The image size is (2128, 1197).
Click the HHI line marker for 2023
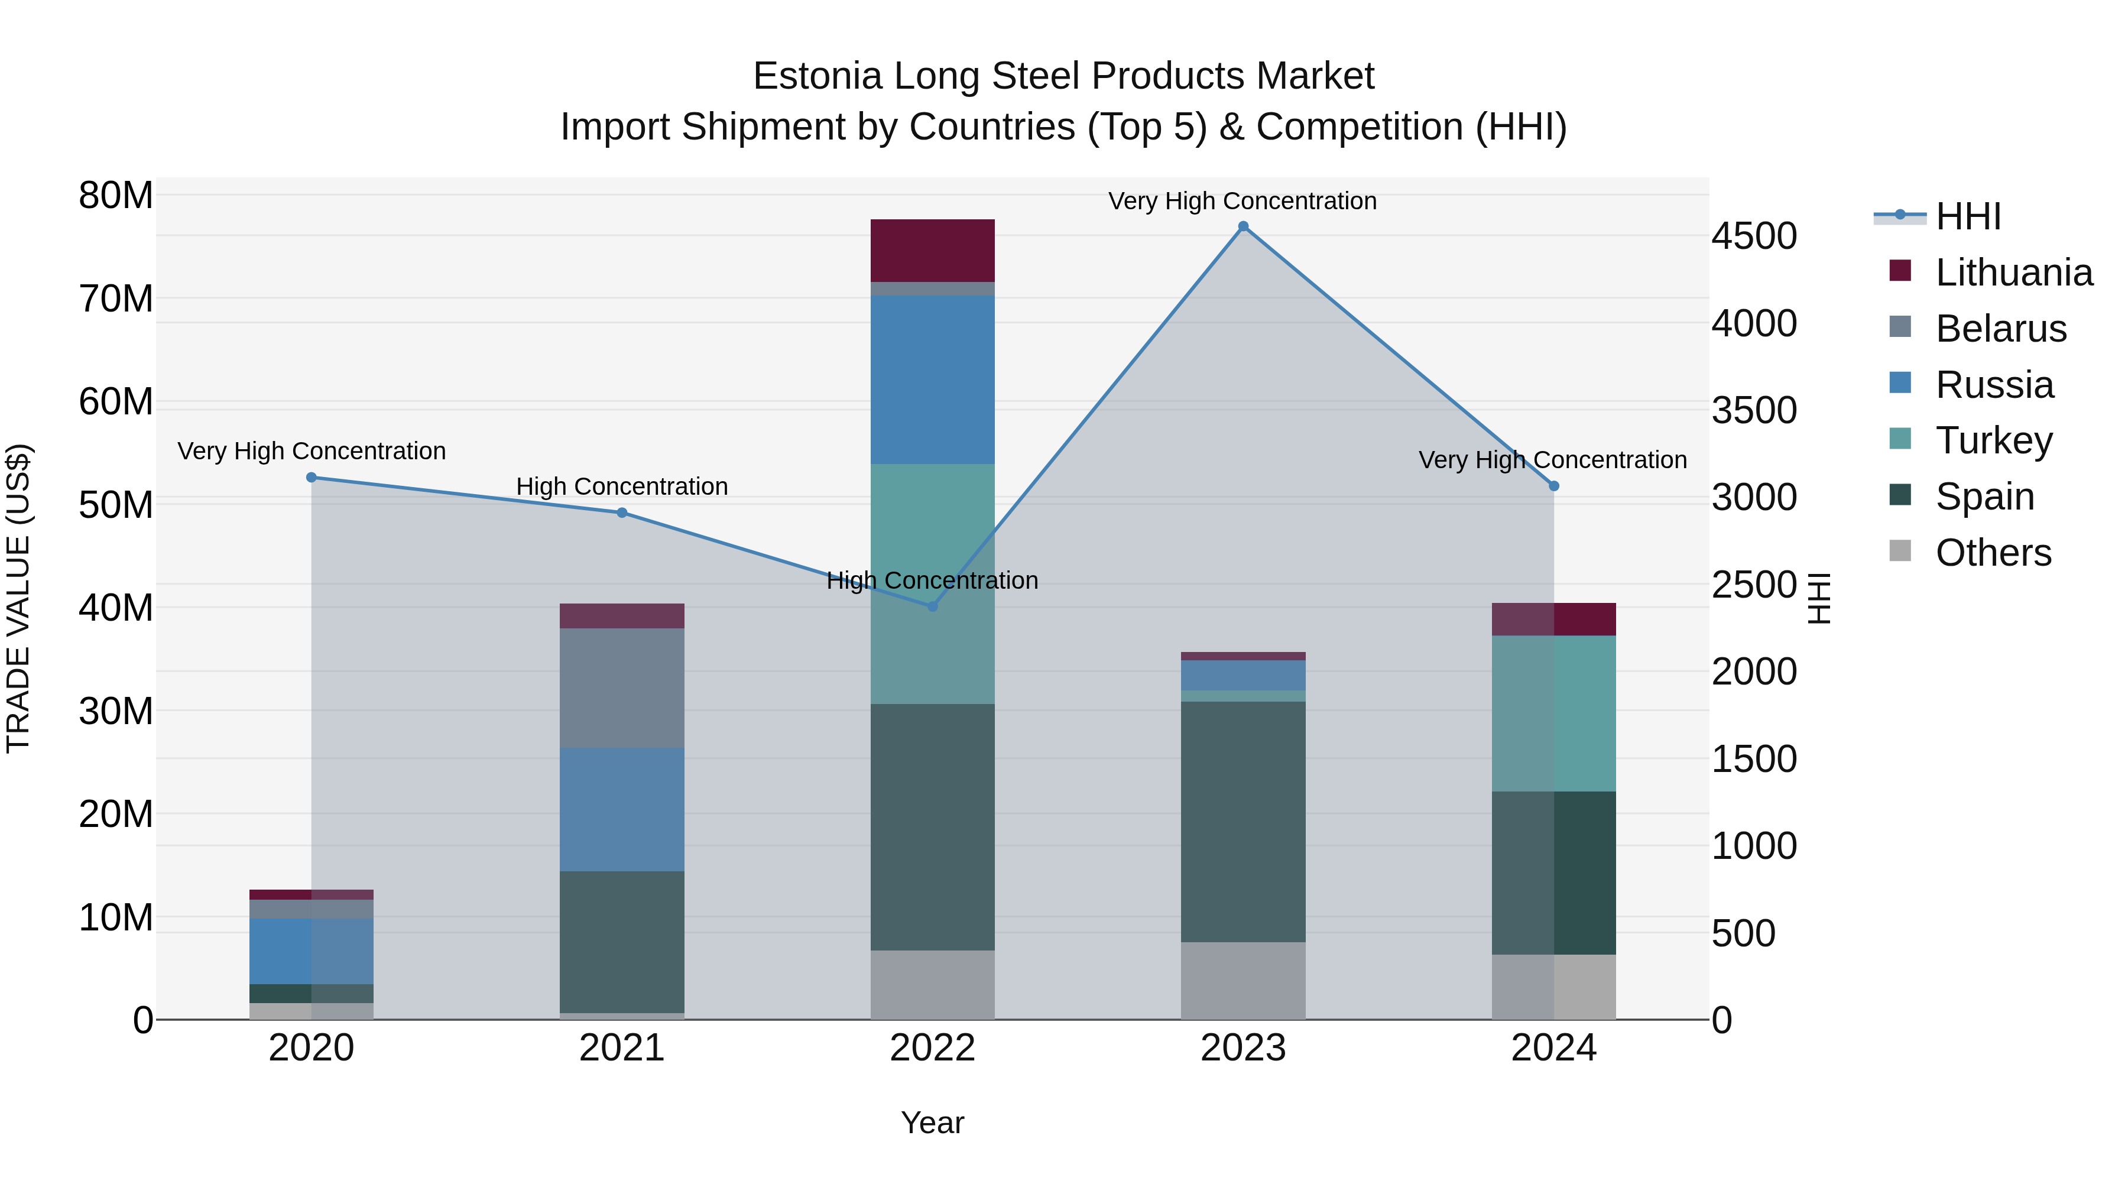point(1243,226)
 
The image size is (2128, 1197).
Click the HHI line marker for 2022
point(933,606)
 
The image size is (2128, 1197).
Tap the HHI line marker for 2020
point(312,478)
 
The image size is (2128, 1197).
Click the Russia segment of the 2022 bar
point(933,380)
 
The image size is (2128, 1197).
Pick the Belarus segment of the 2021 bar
point(622,688)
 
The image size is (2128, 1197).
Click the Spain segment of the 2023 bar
point(1243,822)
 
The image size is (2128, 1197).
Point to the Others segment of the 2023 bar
point(1243,981)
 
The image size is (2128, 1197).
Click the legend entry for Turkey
point(1993,440)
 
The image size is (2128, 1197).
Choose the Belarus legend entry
point(2000,329)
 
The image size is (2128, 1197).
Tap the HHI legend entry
point(1968,216)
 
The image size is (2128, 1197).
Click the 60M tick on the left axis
point(116,403)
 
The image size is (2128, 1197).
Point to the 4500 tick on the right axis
point(1753,236)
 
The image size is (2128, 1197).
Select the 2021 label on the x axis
point(622,1048)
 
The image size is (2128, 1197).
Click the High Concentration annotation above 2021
point(622,486)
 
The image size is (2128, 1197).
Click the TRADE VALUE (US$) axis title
point(18,598)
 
